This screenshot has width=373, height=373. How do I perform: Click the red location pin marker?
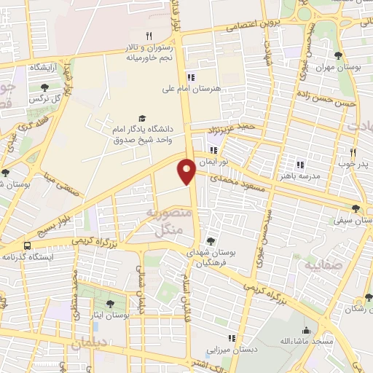(x=186, y=170)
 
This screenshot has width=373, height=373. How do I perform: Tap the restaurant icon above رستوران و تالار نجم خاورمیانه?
(x=149, y=35)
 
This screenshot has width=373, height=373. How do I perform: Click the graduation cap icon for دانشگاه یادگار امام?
(x=142, y=119)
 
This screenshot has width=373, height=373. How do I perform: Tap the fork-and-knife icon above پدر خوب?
(x=353, y=153)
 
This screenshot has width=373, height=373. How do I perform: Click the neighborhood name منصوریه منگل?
(x=170, y=221)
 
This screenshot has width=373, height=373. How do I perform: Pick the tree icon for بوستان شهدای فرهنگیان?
(x=211, y=240)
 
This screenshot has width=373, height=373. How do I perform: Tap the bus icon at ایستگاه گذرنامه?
(x=27, y=246)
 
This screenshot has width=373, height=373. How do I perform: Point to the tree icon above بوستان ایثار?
(x=110, y=305)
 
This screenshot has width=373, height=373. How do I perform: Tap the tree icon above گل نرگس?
(x=45, y=87)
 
